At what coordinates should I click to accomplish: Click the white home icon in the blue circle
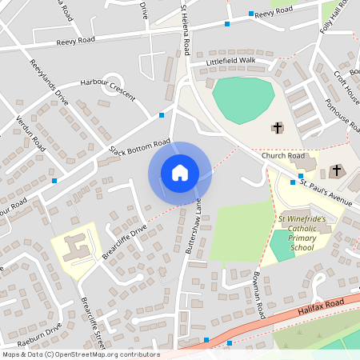180,173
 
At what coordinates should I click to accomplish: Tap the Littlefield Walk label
230,61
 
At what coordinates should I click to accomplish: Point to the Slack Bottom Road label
140,147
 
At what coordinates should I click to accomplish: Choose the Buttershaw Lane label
194,228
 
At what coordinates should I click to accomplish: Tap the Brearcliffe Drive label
126,241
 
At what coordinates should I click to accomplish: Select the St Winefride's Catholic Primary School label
302,232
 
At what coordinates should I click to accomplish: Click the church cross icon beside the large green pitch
278,127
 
